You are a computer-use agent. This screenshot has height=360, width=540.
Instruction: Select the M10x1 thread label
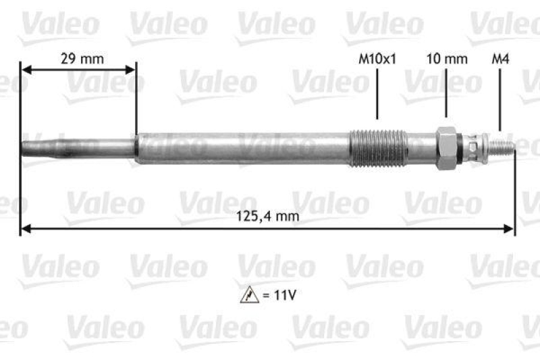click(377, 59)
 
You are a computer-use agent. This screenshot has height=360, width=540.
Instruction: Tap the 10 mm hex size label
click(446, 59)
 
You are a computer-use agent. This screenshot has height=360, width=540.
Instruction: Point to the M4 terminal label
click(500, 59)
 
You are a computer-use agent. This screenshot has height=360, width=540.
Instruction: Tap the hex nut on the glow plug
click(446, 147)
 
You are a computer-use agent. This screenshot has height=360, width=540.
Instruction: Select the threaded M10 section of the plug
click(378, 147)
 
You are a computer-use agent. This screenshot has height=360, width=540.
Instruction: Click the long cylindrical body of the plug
click(243, 148)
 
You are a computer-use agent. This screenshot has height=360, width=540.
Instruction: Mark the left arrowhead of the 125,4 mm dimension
click(26, 230)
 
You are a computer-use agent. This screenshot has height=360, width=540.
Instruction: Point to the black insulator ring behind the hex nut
click(461, 147)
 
